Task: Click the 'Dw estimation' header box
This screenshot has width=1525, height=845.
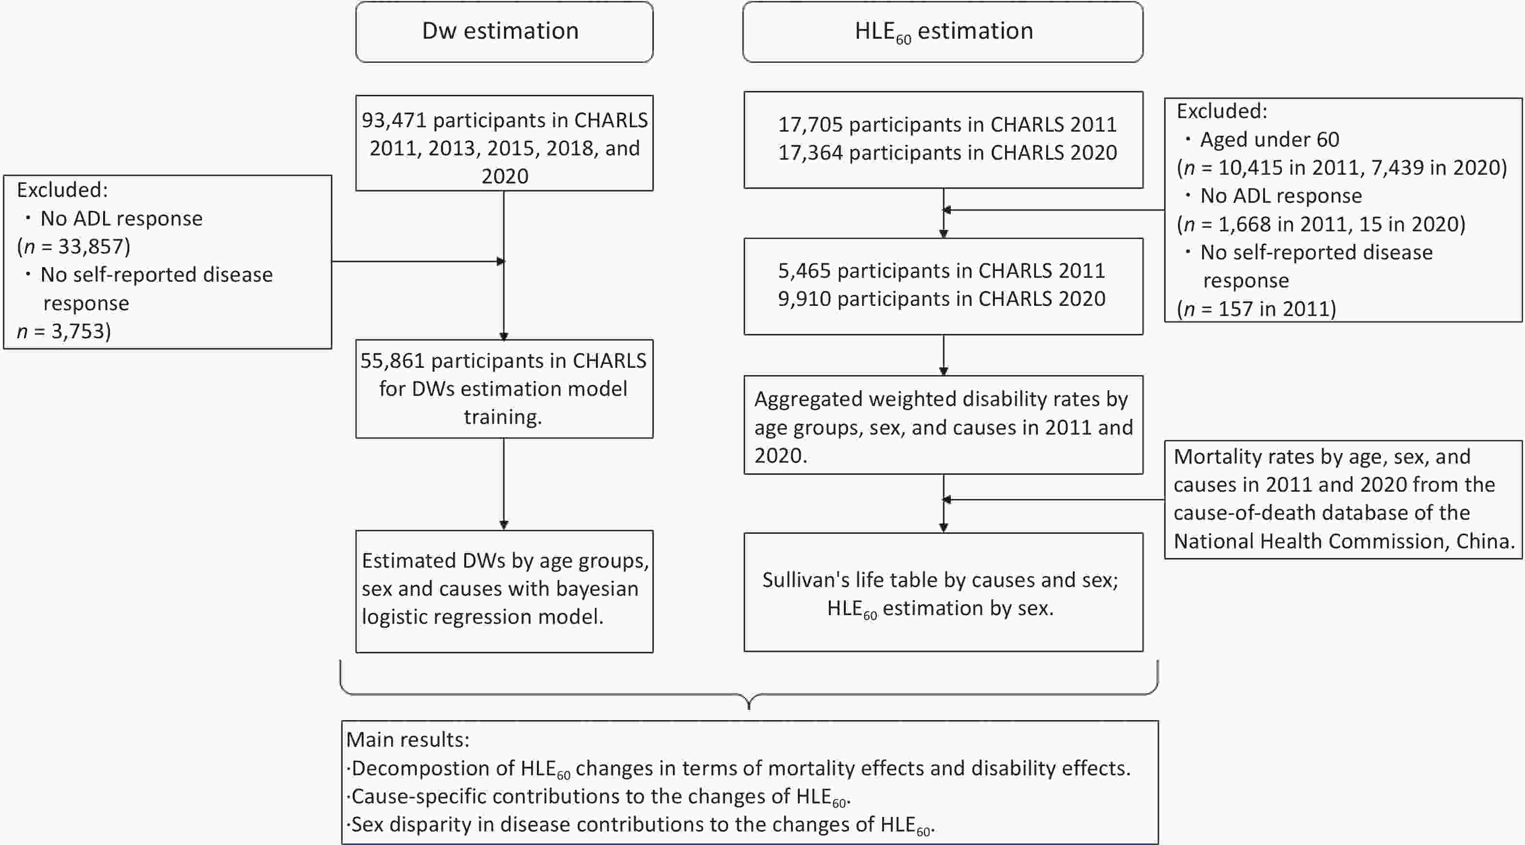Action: click(504, 31)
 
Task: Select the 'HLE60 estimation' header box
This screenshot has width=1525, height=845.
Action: click(943, 31)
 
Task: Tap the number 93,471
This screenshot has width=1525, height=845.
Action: click(394, 121)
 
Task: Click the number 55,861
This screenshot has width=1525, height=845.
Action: click(393, 361)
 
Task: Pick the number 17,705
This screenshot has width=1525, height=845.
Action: click(810, 125)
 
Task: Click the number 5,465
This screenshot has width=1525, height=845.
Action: click(804, 271)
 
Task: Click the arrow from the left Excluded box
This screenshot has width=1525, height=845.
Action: click(417, 261)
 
